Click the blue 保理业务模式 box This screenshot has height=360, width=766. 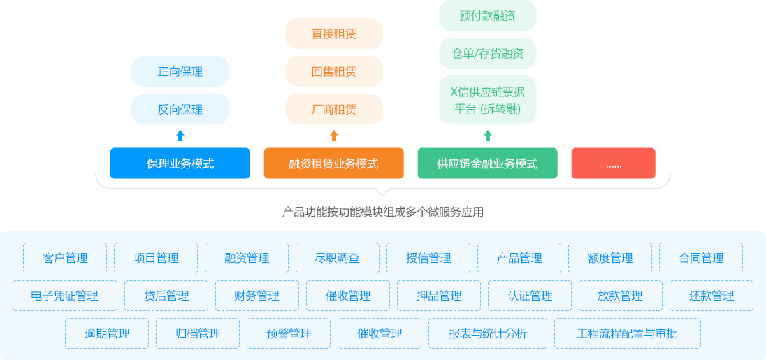pyautogui.click(x=180, y=164)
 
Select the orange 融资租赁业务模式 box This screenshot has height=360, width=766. pyautogui.click(x=333, y=164)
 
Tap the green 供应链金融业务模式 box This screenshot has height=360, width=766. pyautogui.click(x=487, y=164)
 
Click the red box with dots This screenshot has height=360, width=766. pyautogui.click(x=613, y=164)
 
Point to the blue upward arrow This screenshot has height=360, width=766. pyautogui.click(x=180, y=136)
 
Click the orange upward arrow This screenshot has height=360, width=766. pyautogui.click(x=334, y=136)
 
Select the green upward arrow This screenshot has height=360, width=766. pyautogui.click(x=488, y=136)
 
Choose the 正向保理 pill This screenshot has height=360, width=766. pyautogui.click(x=180, y=71)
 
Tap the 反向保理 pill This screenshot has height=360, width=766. pyautogui.click(x=180, y=109)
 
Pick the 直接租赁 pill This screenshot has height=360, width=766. pyautogui.click(x=334, y=34)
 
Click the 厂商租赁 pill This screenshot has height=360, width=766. pyautogui.click(x=334, y=109)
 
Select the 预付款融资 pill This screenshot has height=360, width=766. pyautogui.click(x=488, y=15)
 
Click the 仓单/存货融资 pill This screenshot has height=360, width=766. pyautogui.click(x=488, y=53)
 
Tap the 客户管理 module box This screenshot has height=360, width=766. pyautogui.click(x=65, y=258)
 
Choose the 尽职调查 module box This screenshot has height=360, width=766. pyautogui.click(x=338, y=258)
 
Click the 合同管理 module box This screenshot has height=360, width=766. pyautogui.click(x=701, y=258)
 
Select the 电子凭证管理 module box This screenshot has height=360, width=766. pyautogui.click(x=65, y=296)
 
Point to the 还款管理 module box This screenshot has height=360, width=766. pyautogui.click(x=711, y=296)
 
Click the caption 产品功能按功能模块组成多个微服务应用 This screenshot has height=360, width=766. pyautogui.click(x=382, y=212)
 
